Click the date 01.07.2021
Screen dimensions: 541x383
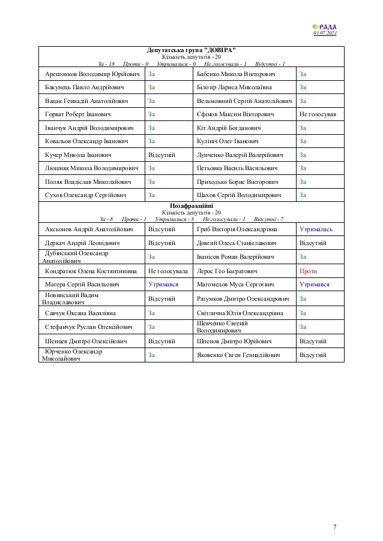tap(325, 33)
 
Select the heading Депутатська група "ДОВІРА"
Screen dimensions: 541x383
tap(191, 50)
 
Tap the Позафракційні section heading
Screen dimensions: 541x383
tap(191, 205)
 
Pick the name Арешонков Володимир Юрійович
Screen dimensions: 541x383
tap(92, 74)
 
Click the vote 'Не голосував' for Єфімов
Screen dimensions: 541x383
tap(318, 114)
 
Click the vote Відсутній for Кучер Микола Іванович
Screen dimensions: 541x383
tap(161, 155)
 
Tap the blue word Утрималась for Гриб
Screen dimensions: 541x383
tap(316, 229)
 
